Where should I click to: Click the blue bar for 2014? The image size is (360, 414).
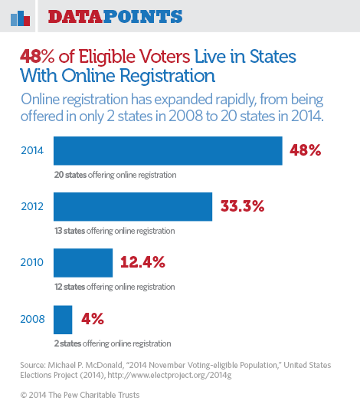(168, 151)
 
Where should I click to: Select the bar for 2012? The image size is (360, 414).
(133, 206)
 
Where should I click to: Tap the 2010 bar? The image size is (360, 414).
(83, 263)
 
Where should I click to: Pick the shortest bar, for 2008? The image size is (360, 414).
(63, 320)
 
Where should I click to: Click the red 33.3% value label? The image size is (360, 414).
(242, 206)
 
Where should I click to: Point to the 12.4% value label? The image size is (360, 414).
(142, 262)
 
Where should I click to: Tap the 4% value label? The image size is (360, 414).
(93, 319)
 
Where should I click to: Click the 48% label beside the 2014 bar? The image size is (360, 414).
(305, 150)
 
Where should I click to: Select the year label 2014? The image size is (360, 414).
(32, 150)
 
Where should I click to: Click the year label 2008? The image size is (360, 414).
(32, 319)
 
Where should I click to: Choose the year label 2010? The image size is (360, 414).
(32, 262)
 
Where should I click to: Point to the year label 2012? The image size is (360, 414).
(32, 206)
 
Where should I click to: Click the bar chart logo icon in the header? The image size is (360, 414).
(21, 18)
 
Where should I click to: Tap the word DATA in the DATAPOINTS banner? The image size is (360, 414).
(75, 17)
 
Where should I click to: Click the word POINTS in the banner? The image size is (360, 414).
(142, 17)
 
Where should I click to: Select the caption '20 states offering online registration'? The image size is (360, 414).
(115, 175)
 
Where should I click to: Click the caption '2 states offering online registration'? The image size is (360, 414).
(113, 343)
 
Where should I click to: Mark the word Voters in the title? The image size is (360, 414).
(165, 57)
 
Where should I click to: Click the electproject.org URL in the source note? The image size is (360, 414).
(169, 375)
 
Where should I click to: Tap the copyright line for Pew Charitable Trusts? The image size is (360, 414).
(80, 395)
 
